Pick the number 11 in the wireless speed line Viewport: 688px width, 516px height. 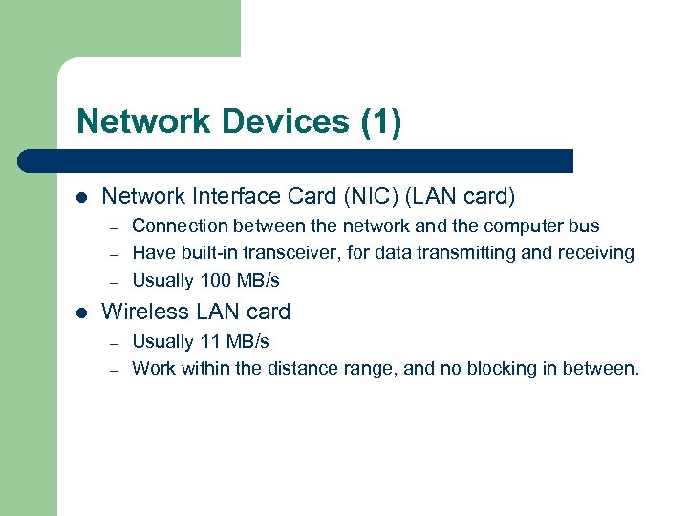click(x=209, y=341)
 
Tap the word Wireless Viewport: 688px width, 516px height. click(x=141, y=312)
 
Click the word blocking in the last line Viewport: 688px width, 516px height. click(x=526, y=368)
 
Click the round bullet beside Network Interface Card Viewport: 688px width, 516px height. click(x=81, y=198)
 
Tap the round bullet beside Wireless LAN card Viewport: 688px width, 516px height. click(x=81, y=312)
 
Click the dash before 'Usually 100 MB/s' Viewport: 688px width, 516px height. click(x=112, y=282)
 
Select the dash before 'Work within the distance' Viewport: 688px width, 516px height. click(x=112, y=369)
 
